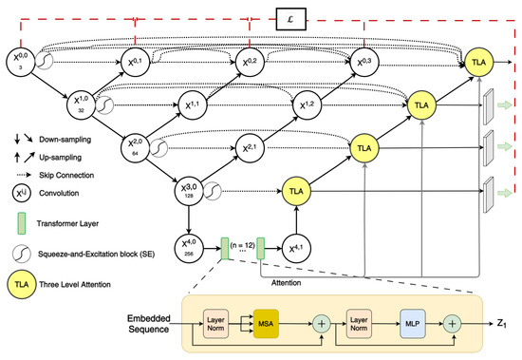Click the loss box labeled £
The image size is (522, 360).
(x=289, y=19)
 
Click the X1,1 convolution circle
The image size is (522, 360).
(x=191, y=104)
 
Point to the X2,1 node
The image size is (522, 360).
(x=249, y=148)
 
